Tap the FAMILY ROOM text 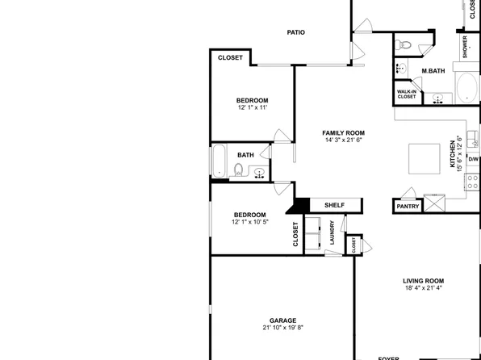344,132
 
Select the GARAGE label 282,320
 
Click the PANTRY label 408,207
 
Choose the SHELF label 334,205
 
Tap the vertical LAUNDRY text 332,234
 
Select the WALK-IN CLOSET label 407,94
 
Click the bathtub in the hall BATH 220,161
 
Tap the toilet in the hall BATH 238,170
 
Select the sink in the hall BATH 259,172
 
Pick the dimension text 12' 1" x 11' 252,107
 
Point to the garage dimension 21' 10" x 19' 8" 282,328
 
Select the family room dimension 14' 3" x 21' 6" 344,140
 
